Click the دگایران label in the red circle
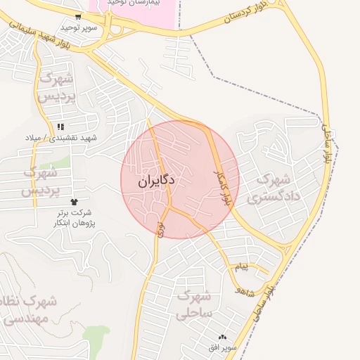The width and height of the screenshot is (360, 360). click(x=156, y=181)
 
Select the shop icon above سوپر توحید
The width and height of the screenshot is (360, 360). click(x=77, y=16)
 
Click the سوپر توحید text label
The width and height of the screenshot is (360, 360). click(x=77, y=27)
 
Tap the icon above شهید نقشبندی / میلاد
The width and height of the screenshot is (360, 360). click(x=61, y=126)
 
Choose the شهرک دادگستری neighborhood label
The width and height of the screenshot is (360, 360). click(x=274, y=188)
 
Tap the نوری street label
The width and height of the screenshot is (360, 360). click(x=160, y=226)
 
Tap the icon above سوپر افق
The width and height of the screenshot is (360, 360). click(x=224, y=337)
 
